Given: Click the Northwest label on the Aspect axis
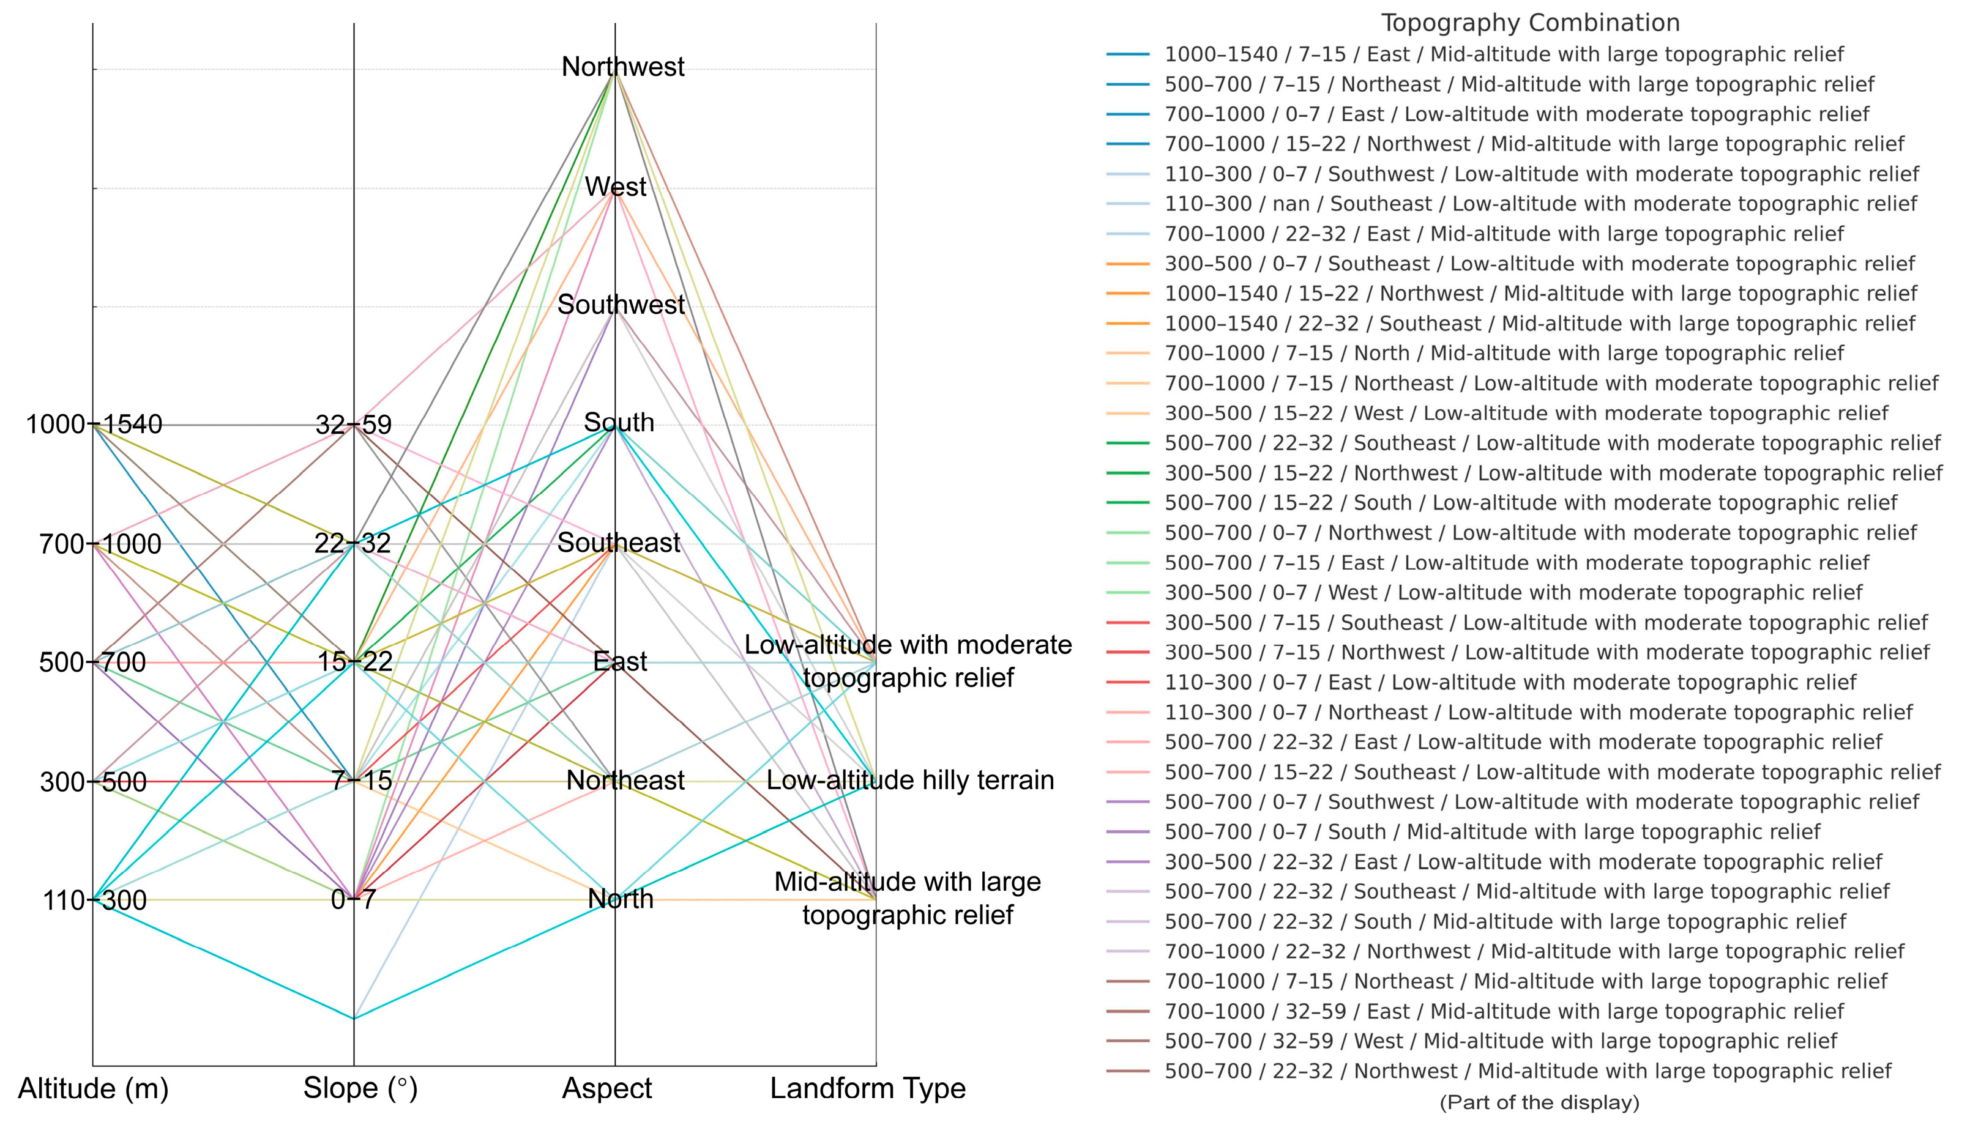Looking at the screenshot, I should point(622,67).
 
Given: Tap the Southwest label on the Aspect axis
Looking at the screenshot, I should point(621,305).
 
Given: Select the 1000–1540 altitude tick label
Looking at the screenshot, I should point(94,424).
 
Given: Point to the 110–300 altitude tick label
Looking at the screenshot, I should point(94,900).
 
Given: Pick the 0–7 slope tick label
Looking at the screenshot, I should point(353,900).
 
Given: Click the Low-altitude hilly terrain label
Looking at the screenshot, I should point(909,781).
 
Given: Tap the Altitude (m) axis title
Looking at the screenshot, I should point(93,1089).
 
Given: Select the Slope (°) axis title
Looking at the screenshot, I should point(360,1089).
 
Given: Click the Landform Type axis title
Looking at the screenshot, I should point(867,1089).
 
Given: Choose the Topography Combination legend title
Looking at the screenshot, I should point(1530,23).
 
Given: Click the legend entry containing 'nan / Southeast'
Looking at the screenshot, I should point(1540,204).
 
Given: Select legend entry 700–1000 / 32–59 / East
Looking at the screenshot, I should point(1503,1011).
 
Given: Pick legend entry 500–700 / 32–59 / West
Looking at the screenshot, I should point(1500,1042).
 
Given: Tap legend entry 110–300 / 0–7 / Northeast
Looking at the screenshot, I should point(1538,713).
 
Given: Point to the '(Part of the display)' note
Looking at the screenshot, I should point(1539,1102).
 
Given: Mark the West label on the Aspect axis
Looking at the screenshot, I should point(615,187).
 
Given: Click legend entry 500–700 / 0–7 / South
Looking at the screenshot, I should point(1491,832).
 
